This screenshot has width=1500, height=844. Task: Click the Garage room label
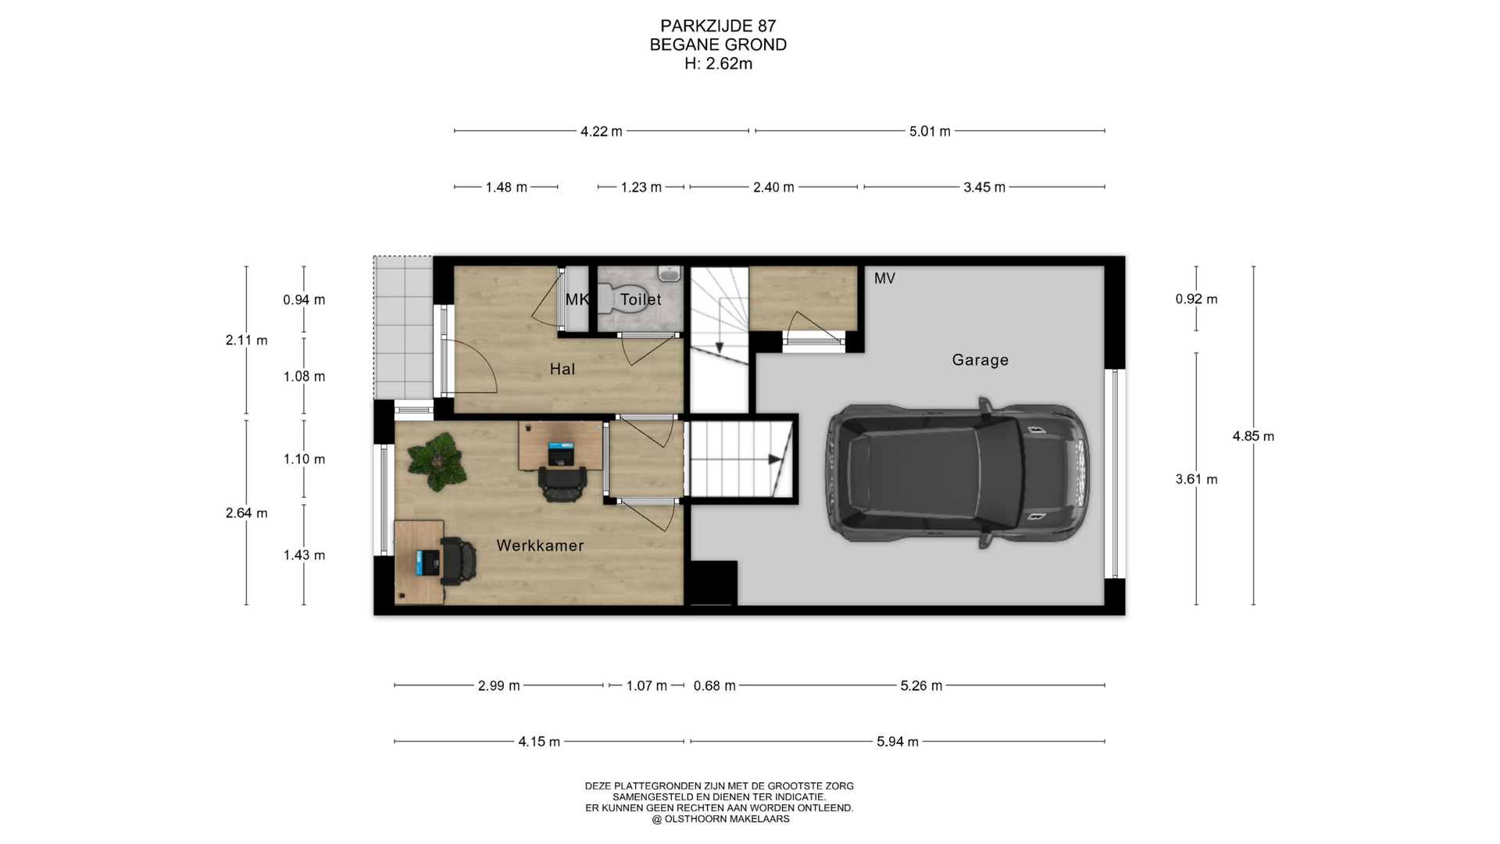click(980, 360)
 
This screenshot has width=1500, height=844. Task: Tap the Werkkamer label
click(540, 545)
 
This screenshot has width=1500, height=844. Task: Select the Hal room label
click(562, 369)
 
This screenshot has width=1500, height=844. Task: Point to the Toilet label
click(641, 299)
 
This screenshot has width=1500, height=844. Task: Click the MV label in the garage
click(884, 278)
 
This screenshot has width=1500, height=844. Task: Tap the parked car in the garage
click(958, 474)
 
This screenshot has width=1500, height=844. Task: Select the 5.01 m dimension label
click(930, 131)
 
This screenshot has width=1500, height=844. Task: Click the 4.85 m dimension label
click(1253, 436)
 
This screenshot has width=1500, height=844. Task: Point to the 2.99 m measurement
click(498, 686)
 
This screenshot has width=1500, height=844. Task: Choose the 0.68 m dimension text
click(714, 686)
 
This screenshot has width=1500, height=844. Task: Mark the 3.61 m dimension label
click(1196, 479)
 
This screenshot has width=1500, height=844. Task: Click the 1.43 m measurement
click(304, 555)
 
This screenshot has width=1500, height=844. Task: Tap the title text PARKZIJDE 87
click(718, 27)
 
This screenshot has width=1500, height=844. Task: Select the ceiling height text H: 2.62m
click(718, 64)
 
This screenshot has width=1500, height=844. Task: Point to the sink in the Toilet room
click(670, 274)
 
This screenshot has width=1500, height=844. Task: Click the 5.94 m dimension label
click(897, 742)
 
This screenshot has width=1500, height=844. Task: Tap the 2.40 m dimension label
click(773, 188)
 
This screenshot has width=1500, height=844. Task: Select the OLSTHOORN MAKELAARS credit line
click(720, 819)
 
